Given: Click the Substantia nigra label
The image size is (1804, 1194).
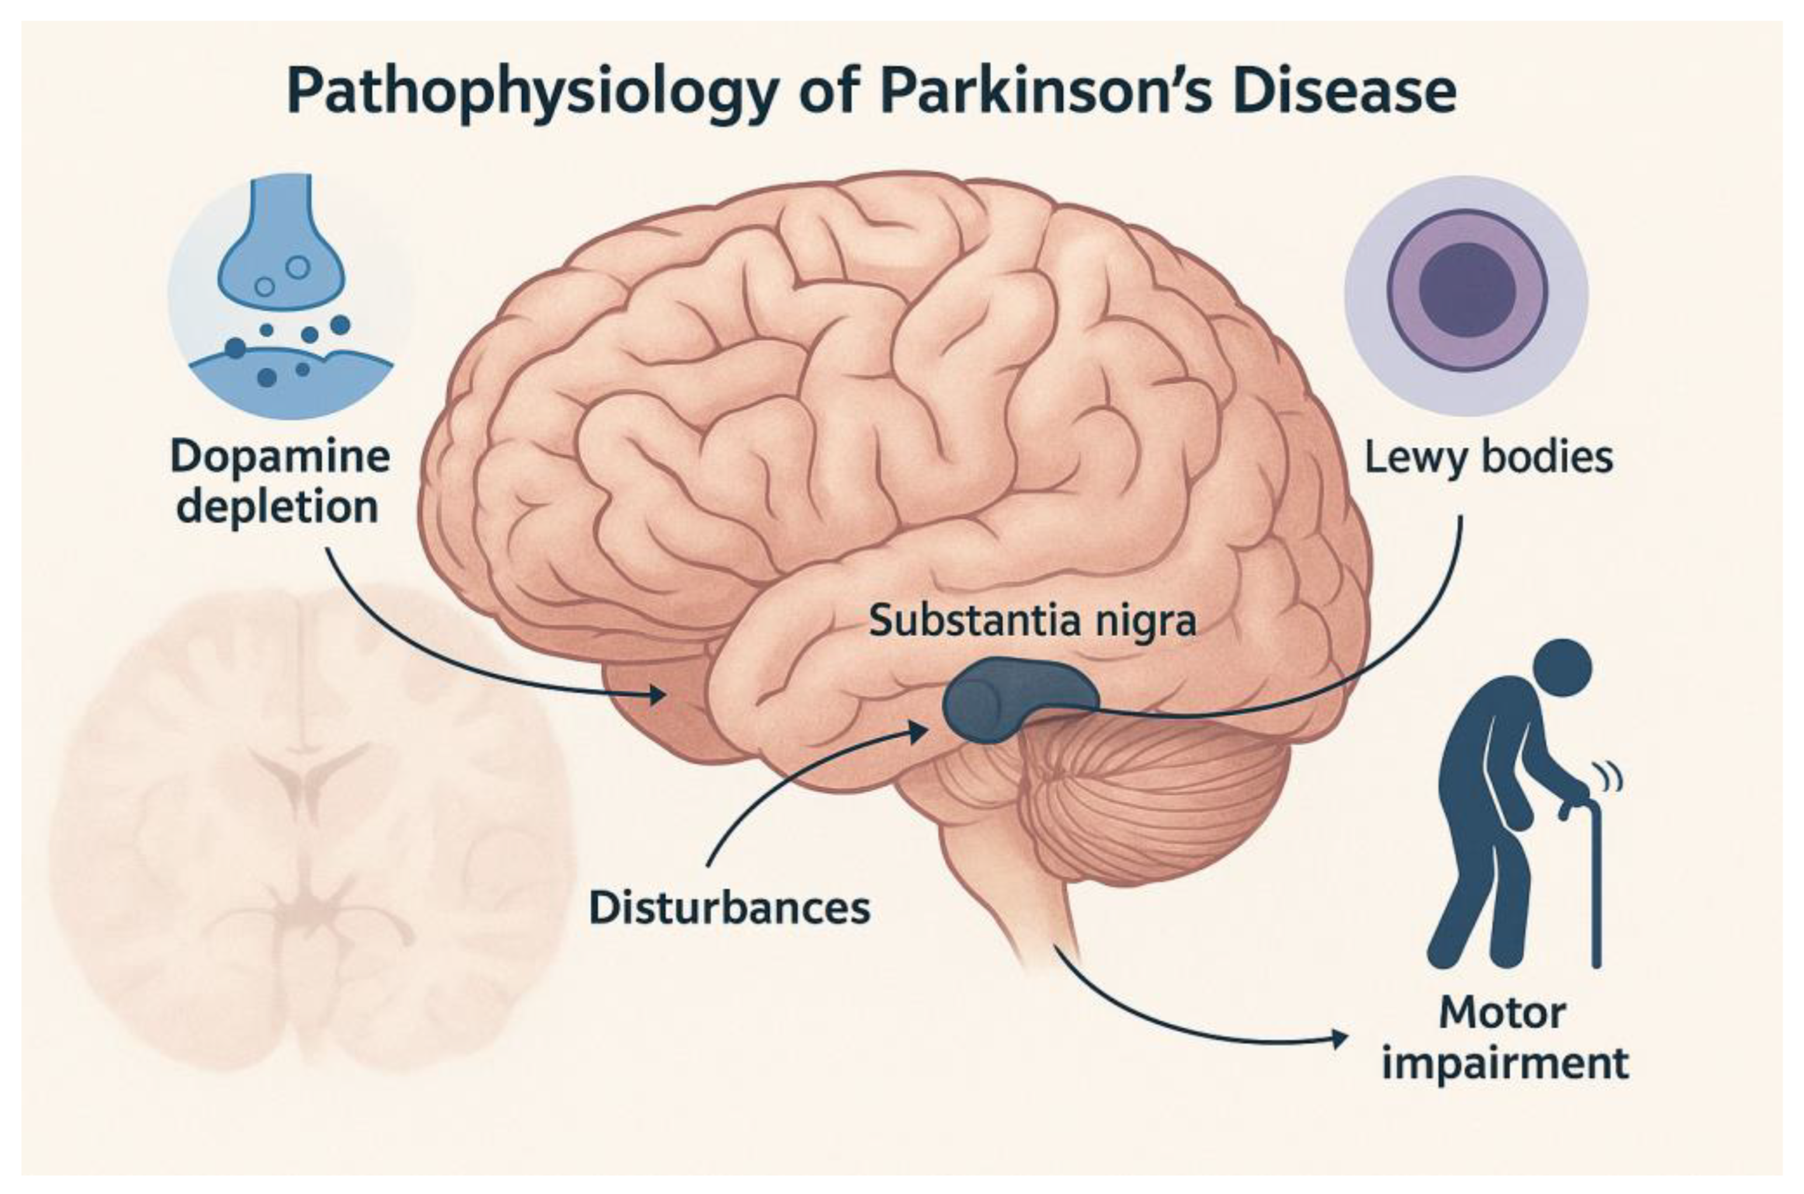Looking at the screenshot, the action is [1032, 621].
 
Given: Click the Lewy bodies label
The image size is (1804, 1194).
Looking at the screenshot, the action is [1488, 459].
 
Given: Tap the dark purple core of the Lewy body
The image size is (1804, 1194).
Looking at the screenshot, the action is [1466, 290].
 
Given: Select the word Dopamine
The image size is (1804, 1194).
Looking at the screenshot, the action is [280, 458].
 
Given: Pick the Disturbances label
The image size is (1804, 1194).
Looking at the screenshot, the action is [729, 908].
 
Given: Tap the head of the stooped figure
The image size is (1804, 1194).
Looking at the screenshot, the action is [1562, 669].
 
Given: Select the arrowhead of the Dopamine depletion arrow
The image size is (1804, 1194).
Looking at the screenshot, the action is [656, 694].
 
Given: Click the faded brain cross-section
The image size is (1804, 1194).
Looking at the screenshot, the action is [305, 830].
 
